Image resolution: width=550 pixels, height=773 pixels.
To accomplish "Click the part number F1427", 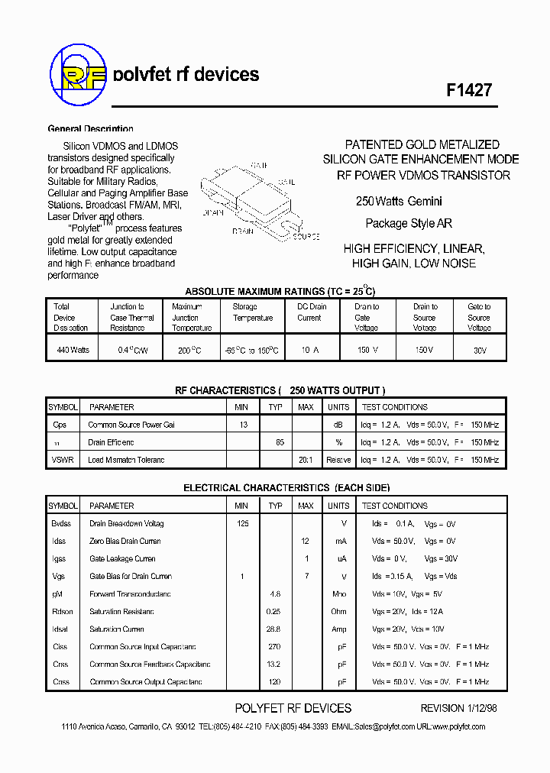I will tap(468, 89).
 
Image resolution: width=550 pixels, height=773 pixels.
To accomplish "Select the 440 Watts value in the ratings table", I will tap(73, 350).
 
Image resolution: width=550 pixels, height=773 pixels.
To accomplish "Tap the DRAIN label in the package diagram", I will tap(244, 230).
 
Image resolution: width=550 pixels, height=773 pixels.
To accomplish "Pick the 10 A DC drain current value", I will tap(309, 350).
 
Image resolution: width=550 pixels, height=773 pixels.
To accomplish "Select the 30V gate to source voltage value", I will tap(479, 351).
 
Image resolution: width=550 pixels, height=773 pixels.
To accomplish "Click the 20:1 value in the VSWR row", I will tap(306, 460).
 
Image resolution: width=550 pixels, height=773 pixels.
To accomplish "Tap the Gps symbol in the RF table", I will tap(60, 425).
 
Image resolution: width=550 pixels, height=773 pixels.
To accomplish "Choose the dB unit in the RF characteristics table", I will tap(338, 425).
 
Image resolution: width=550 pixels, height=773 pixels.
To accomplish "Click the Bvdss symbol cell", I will tap(61, 524).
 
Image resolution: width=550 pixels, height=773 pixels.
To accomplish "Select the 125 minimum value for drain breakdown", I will tap(242, 524).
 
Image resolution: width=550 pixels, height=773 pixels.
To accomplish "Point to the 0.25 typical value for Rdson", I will tap(274, 612).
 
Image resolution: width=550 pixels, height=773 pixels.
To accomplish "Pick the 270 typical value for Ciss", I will tap(275, 647).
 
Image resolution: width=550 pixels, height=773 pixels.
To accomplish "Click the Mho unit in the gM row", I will tap(338, 594).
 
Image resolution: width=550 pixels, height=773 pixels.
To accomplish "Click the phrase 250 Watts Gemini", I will tap(399, 202).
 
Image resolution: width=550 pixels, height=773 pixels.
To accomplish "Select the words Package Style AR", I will tap(409, 224).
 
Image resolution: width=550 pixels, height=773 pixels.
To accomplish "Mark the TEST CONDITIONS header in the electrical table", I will tap(394, 506).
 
